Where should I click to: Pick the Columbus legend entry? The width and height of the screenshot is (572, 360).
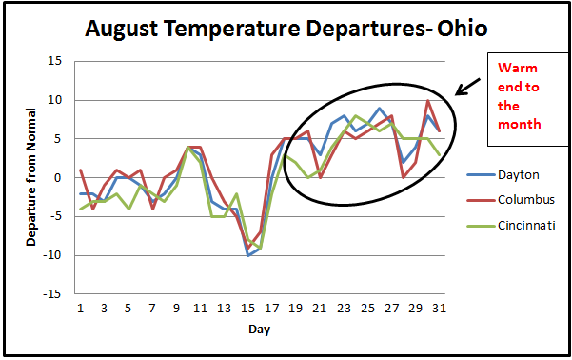coord(524,200)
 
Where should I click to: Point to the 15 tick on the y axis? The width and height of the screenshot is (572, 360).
coord(54,61)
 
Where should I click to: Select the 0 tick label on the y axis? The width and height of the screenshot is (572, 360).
coord(58,177)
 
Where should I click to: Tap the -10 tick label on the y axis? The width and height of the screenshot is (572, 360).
coord(52,255)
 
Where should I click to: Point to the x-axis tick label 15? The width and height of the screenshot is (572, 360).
coord(249,309)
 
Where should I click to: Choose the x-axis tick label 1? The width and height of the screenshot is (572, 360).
coord(81,309)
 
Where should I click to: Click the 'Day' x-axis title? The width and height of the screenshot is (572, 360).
coord(260,329)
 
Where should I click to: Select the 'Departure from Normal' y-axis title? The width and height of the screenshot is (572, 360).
coord(31,178)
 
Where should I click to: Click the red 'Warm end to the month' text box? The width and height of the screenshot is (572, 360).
coord(519,96)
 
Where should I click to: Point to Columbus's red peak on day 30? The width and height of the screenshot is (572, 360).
coord(427,100)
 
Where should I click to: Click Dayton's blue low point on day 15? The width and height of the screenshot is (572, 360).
coord(248,255)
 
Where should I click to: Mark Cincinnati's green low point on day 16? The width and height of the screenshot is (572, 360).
coord(260,248)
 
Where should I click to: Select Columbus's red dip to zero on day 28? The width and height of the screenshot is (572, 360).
coord(404,177)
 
